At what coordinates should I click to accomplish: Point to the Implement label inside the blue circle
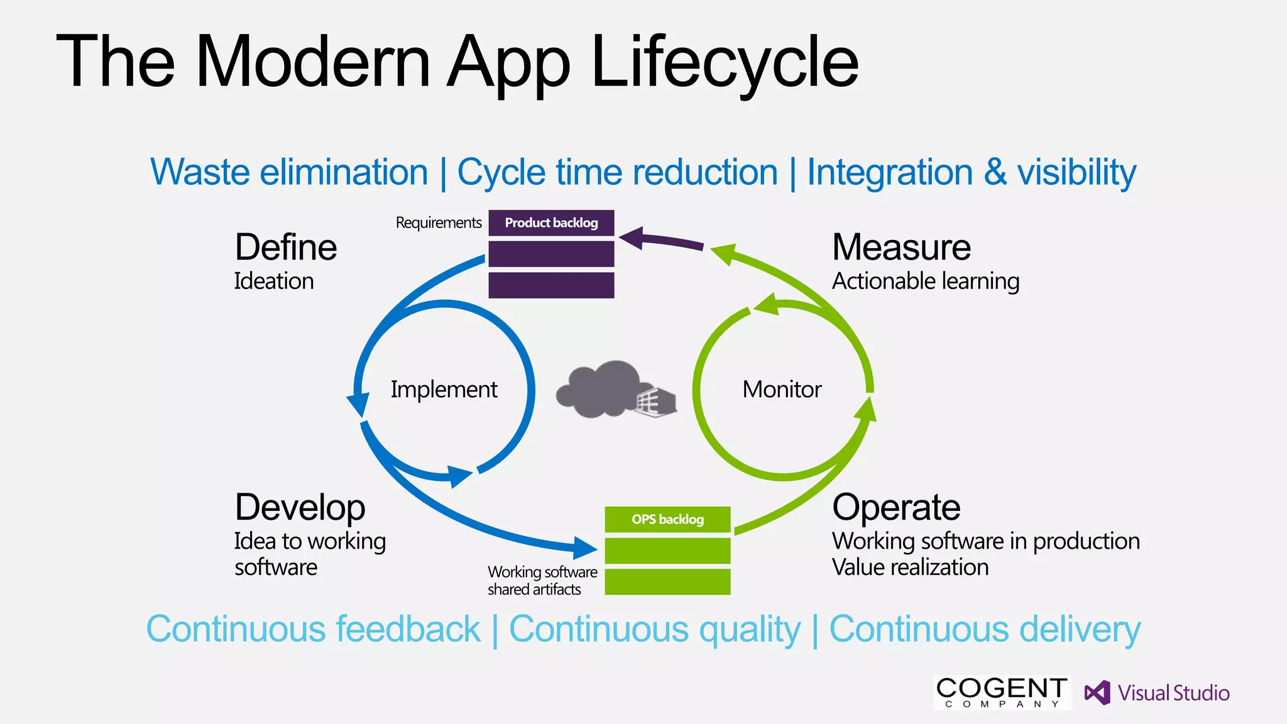click(x=444, y=390)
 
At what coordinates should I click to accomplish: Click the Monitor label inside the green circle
click(x=782, y=390)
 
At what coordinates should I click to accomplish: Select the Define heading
click(x=286, y=247)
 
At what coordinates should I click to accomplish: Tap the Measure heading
click(x=901, y=247)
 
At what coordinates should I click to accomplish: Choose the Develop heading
click(x=300, y=507)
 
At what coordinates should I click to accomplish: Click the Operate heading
click(x=896, y=507)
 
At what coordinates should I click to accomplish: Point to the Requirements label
click(x=438, y=223)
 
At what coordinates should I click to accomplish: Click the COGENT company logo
click(x=1002, y=693)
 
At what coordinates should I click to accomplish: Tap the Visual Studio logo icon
click(x=1097, y=693)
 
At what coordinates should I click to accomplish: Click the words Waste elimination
click(x=289, y=172)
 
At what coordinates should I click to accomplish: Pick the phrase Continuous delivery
click(x=985, y=629)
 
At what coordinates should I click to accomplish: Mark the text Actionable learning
click(x=925, y=281)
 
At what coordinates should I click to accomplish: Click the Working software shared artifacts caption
click(x=542, y=581)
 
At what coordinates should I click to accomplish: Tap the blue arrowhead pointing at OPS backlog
click(x=585, y=547)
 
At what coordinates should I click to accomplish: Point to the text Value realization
click(x=910, y=568)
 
